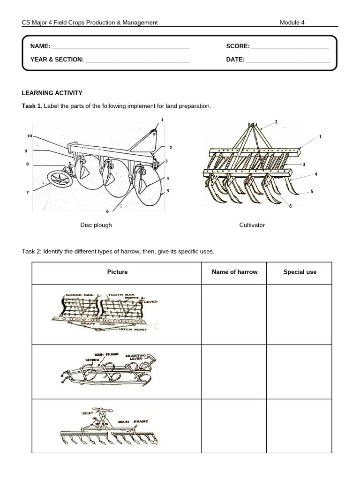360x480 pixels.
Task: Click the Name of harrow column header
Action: [x=234, y=272]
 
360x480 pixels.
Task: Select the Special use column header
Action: [x=300, y=272]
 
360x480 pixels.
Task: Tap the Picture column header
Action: [x=117, y=272]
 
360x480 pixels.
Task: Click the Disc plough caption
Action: [x=96, y=225]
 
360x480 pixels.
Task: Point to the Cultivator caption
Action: [x=252, y=225]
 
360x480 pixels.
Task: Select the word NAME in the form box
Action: [x=40, y=46]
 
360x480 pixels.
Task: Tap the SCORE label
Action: [x=238, y=46]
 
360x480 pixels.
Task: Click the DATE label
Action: [x=235, y=60]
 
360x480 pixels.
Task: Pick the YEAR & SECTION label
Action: [x=57, y=60]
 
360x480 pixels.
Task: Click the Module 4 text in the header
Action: [x=292, y=22]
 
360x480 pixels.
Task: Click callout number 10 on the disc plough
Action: [x=29, y=136]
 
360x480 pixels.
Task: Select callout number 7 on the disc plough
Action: [x=27, y=192]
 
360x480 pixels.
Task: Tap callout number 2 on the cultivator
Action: [x=276, y=122]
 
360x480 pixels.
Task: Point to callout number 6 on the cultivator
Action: [x=290, y=206]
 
